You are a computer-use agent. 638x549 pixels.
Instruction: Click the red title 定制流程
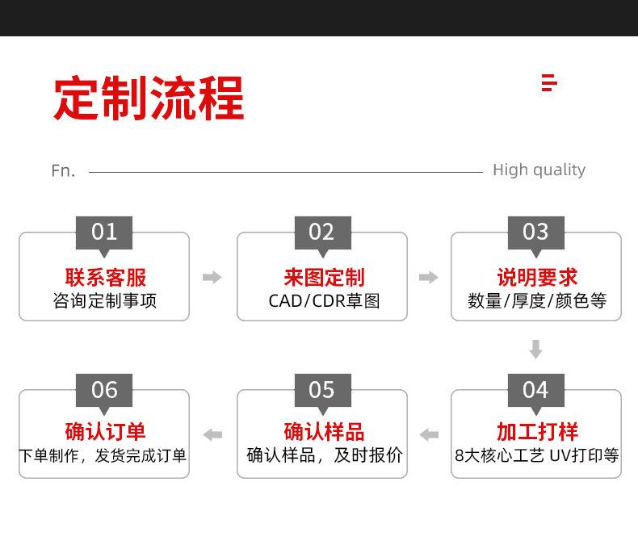pyautogui.click(x=149, y=98)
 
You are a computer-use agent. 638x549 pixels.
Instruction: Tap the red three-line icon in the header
pyautogui.click(x=549, y=82)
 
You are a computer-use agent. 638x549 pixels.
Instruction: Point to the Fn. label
pyautogui.click(x=63, y=170)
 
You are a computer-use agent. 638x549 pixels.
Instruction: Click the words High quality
pyautogui.click(x=539, y=170)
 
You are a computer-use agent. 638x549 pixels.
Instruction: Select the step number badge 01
pyautogui.click(x=104, y=233)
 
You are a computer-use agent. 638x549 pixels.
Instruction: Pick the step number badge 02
pyautogui.click(x=321, y=233)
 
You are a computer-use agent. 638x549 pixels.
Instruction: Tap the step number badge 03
pyautogui.click(x=535, y=233)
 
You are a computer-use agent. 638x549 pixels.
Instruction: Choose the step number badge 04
pyautogui.click(x=535, y=390)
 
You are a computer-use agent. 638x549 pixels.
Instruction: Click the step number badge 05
pyautogui.click(x=321, y=390)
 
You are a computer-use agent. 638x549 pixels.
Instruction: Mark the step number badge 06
pyautogui.click(x=104, y=390)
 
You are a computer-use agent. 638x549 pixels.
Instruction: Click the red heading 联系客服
pyautogui.click(x=106, y=278)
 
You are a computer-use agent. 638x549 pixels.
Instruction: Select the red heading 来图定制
pyautogui.click(x=324, y=278)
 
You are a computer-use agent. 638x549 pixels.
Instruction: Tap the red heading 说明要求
pyautogui.click(x=537, y=278)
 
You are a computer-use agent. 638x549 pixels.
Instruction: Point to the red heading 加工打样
pyautogui.click(x=537, y=431)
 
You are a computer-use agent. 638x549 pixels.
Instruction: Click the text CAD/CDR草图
pyautogui.click(x=324, y=301)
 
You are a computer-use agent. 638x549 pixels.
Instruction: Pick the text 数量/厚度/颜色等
pyautogui.click(x=537, y=301)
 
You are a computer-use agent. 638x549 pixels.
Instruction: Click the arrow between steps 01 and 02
pyautogui.click(x=212, y=278)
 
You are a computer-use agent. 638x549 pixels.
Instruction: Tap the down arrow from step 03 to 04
pyautogui.click(x=535, y=350)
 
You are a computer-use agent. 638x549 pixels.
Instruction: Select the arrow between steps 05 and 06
pyautogui.click(x=212, y=435)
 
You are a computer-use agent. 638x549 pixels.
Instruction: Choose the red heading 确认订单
pyautogui.click(x=105, y=431)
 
